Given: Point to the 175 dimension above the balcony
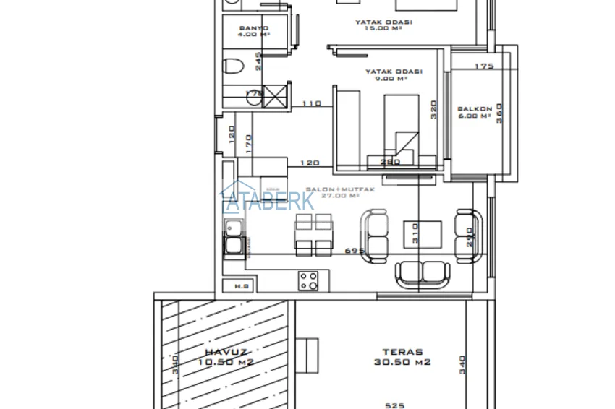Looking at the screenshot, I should pos(483,66).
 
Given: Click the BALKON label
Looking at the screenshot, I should pos(474,109).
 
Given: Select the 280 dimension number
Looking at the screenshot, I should pos(390,162).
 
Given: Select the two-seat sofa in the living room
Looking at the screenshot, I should pos(423,273).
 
